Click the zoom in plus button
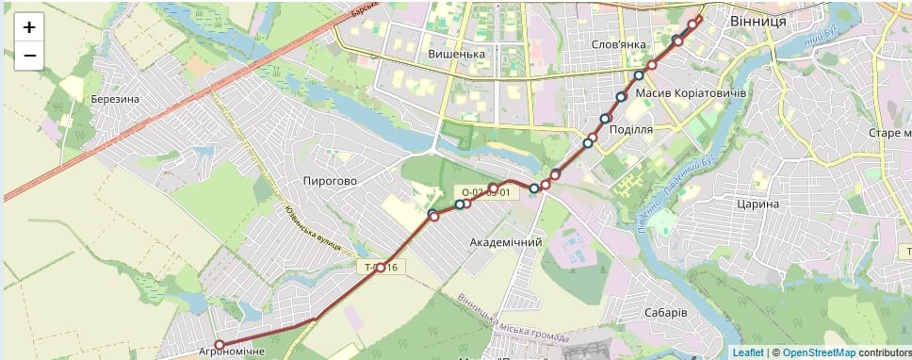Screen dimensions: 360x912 pyautogui.click(x=29, y=27)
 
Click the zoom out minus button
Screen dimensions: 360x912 pyautogui.click(x=29, y=56)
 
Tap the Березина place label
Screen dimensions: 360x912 pyautogui.click(x=115, y=100)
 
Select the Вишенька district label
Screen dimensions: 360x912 pyautogui.click(x=456, y=54)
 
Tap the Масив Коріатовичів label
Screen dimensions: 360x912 pyautogui.click(x=691, y=95)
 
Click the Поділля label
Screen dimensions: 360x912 pyautogui.click(x=631, y=129)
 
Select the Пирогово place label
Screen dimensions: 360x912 pyautogui.click(x=330, y=180)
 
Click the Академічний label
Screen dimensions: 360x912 pyautogui.click(x=506, y=242)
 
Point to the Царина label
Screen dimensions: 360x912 pyautogui.click(x=758, y=204)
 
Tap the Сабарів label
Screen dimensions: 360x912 pyautogui.click(x=666, y=312)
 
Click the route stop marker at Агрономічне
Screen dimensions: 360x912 pyautogui.click(x=219, y=345)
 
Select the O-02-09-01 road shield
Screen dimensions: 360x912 pyautogui.click(x=485, y=192)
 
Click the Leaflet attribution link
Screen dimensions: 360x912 pyautogui.click(x=748, y=352)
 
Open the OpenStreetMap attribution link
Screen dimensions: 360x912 pyautogui.click(x=819, y=352)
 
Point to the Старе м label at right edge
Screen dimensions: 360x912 pyautogui.click(x=889, y=133)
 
